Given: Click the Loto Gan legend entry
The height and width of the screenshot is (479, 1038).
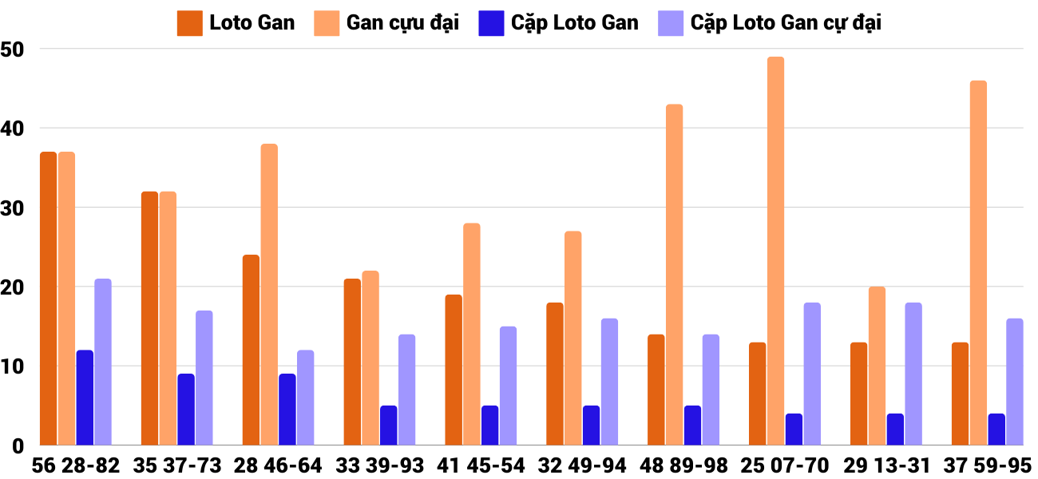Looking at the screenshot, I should click(x=236, y=22).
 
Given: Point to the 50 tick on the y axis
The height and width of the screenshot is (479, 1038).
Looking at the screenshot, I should click(x=14, y=49).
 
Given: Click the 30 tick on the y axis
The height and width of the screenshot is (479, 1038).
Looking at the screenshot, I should click(x=14, y=208).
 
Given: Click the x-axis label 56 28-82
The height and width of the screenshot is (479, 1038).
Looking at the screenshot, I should click(x=75, y=465).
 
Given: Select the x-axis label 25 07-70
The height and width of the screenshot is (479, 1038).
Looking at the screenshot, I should click(x=785, y=465).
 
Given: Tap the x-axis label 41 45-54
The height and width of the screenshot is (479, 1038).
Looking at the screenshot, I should click(x=481, y=465).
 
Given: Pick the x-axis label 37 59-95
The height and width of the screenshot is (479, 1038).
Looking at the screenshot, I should click(x=988, y=465).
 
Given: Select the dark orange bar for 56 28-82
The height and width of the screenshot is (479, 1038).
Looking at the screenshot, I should click(x=48, y=299).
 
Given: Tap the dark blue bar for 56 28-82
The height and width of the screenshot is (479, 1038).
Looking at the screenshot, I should click(x=85, y=398).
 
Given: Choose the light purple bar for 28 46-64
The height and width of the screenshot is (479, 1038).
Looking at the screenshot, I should click(x=305, y=398).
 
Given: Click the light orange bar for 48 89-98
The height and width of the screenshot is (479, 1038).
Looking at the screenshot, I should click(x=674, y=275).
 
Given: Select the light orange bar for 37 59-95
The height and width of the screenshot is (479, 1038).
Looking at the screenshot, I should click(x=978, y=263).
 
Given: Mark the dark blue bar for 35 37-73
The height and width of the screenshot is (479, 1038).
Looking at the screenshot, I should click(x=186, y=410).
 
